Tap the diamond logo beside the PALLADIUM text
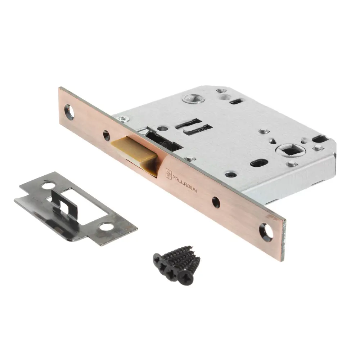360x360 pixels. tap(169, 173)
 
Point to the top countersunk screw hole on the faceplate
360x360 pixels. tap(69, 112)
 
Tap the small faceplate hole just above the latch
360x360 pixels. tap(106, 135)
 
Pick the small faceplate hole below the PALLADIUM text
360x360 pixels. tap(216, 202)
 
